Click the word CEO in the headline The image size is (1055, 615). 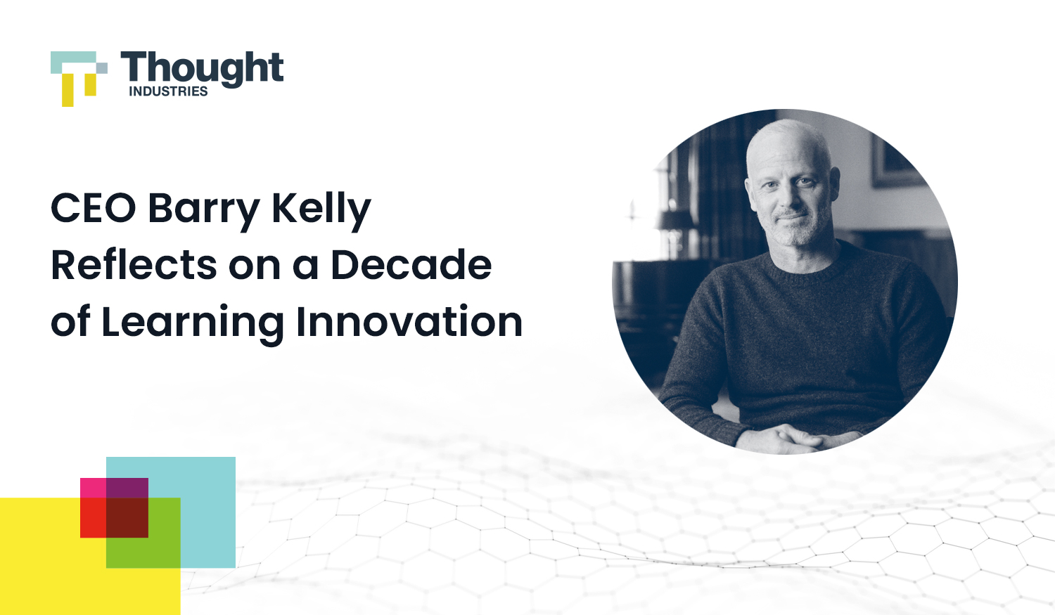pyautogui.click(x=93, y=209)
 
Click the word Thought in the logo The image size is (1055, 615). pyautogui.click(x=202, y=68)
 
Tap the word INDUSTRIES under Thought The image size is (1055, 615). pyautogui.click(x=168, y=91)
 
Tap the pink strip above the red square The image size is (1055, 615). pyautogui.click(x=93, y=488)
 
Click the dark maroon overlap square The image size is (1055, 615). pyautogui.click(x=127, y=518)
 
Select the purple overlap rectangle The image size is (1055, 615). pyautogui.click(x=127, y=488)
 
